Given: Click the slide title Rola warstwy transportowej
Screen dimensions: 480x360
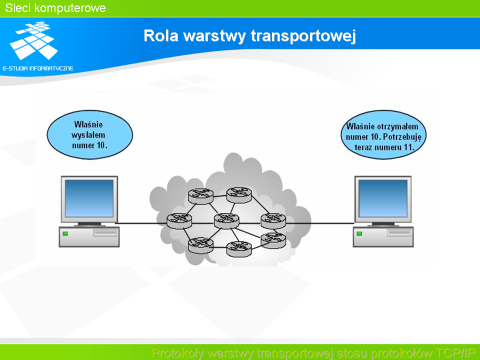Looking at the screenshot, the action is pos(249,36).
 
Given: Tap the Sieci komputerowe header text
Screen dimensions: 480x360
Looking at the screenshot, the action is pos(55,8).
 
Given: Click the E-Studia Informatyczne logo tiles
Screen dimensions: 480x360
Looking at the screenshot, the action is pos(33,40).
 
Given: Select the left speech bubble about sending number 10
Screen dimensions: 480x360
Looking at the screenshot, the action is pos(89,134).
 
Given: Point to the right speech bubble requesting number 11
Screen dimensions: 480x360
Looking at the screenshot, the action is pos(383,134).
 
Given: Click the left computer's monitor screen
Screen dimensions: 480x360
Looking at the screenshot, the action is pos(89,198).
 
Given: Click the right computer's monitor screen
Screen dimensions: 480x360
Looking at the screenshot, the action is pos(383,198).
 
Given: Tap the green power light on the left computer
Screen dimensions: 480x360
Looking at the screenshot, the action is pos(65,233).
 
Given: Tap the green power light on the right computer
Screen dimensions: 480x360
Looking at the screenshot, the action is pos(359,233).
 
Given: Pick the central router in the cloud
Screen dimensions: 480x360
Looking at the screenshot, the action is pos(226,220).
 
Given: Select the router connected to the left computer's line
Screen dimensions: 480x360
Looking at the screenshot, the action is pos(179,220).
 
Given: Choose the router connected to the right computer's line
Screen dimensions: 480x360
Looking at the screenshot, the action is pos(273,220).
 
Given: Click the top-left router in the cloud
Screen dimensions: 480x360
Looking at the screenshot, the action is pos(200,196).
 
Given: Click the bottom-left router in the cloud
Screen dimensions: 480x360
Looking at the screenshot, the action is pos(200,245).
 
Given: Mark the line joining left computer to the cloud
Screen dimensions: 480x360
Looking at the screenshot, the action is pos(142,223).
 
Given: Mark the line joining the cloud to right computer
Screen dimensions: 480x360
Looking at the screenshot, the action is pos(320,223).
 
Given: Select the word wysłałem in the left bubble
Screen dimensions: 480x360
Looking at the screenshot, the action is pos(88,135).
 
